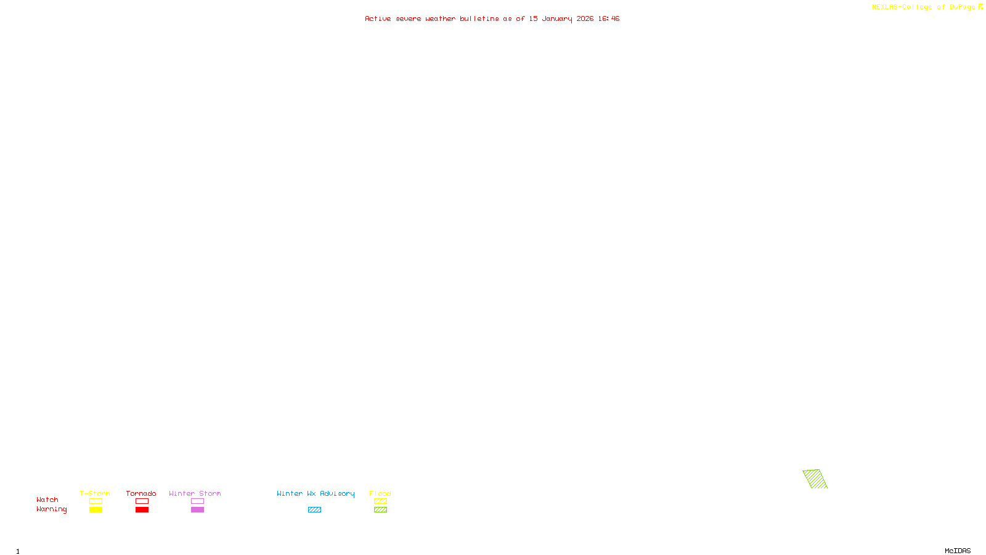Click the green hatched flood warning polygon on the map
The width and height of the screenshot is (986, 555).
coord(815,479)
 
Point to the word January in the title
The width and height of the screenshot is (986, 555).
coord(556,19)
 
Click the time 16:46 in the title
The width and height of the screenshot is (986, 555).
coord(608,19)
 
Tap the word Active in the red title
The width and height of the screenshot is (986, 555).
coord(377,19)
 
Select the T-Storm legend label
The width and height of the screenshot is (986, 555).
coord(95,493)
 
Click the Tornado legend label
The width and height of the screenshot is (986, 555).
coord(141,493)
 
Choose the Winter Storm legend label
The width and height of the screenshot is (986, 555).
coord(195,493)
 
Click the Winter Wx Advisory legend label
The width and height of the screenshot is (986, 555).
coord(316,493)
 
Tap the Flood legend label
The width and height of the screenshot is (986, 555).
coord(380,493)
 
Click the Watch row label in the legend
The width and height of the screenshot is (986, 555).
coord(47,500)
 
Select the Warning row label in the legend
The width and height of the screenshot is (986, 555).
coord(52,509)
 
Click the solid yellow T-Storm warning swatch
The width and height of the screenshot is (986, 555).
coord(96,510)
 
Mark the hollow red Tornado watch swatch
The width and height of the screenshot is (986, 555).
coord(142,501)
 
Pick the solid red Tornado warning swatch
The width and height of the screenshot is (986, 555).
coord(142,510)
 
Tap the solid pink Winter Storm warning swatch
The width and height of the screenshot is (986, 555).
coord(197,510)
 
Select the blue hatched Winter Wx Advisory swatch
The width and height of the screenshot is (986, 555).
coord(314,510)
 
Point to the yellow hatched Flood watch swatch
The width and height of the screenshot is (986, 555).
coord(380,501)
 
